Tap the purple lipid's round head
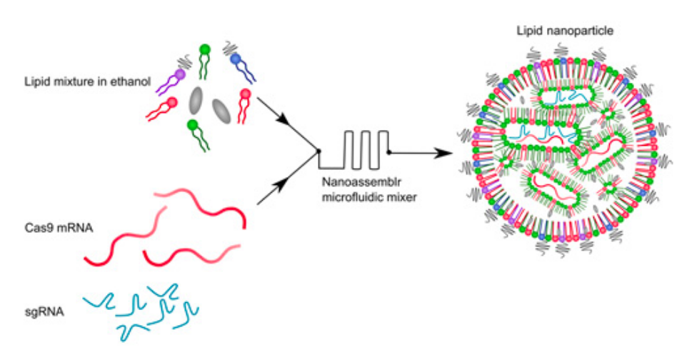(x=180, y=74)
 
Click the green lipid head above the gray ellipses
(x=204, y=50)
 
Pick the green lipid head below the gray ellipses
(x=191, y=125)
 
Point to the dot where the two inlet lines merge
(x=317, y=151)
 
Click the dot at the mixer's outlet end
(x=388, y=152)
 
